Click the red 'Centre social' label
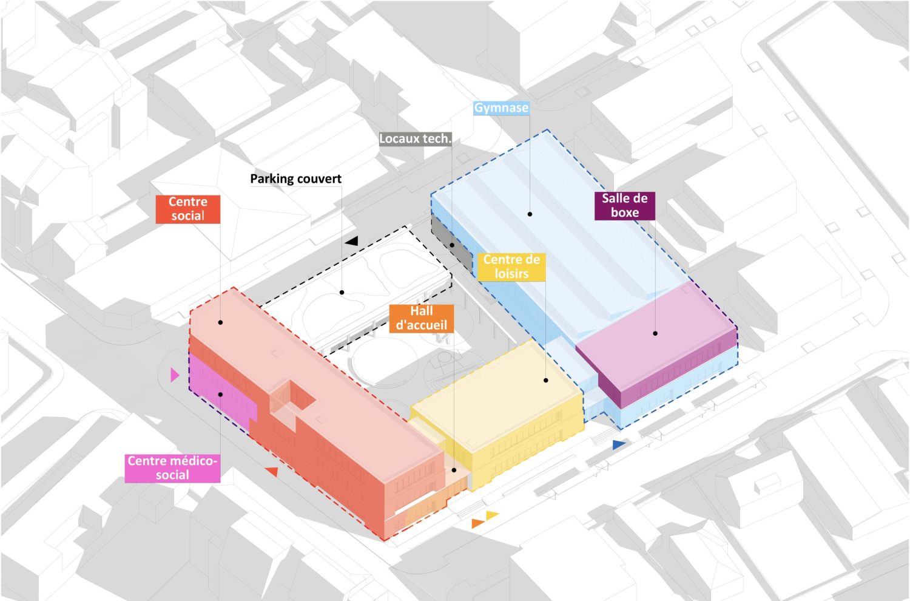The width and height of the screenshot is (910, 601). tap(187, 209)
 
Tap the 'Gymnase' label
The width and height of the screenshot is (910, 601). tap(501, 108)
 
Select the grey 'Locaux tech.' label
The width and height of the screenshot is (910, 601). tap(415, 139)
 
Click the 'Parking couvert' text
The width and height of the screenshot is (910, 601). tap(295, 179)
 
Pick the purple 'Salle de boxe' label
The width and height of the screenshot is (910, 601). tap(624, 206)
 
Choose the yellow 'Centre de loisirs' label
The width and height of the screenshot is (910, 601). tap(511, 267)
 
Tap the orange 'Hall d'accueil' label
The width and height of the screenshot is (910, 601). tap(421, 318)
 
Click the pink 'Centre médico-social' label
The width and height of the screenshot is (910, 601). tap(172, 468)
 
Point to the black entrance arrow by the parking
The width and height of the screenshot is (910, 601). tap(351, 241)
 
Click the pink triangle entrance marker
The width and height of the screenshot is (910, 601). tap(175, 375)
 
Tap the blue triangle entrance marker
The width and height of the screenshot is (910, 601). tap(618, 445)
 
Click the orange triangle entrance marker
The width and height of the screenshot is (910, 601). tap(478, 523)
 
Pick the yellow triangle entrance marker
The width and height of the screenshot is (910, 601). tap(492, 515)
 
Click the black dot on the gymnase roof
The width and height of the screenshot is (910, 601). tap(530, 214)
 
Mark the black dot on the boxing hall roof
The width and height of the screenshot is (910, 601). tap(655, 333)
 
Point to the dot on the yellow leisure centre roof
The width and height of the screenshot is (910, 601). tap(546, 381)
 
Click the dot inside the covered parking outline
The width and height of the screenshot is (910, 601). tap(342, 293)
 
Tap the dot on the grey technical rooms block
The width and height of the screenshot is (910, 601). tap(452, 245)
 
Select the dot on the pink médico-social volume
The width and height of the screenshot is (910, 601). tap(221, 395)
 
